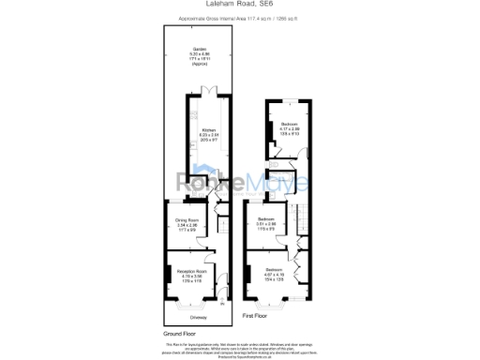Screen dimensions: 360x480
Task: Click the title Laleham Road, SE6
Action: pyautogui.click(x=240, y=5)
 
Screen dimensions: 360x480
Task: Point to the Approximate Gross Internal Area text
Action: pyautogui.click(x=240, y=17)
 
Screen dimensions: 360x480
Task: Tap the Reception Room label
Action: pyautogui.click(x=191, y=274)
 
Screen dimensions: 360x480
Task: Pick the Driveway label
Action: pyautogui.click(x=199, y=316)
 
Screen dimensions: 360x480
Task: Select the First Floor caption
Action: pyautogui.click(x=271, y=316)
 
